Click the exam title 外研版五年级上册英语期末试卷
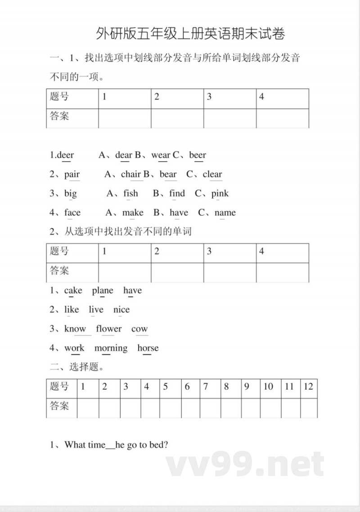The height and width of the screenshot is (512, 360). [190, 34]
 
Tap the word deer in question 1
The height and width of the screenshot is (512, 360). [66, 155]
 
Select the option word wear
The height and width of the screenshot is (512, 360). [161, 155]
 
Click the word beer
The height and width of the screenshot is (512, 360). [198, 155]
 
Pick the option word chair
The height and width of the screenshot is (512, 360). [131, 174]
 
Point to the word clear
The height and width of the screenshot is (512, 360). [212, 174]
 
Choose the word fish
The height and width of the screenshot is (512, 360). [130, 194]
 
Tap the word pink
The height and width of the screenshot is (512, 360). [220, 194]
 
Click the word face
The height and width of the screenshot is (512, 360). [72, 213]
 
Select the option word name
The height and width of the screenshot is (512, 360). [225, 213]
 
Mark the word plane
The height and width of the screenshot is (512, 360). [103, 290]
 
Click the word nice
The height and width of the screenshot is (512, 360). [121, 310]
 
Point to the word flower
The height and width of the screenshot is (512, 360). [109, 329]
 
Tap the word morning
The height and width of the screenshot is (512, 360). [111, 348]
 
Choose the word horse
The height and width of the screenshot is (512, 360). [148, 348]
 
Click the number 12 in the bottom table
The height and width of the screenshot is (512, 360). [308, 386]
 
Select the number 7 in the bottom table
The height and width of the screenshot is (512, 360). [206, 386]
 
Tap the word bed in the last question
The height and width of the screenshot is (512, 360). [158, 445]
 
